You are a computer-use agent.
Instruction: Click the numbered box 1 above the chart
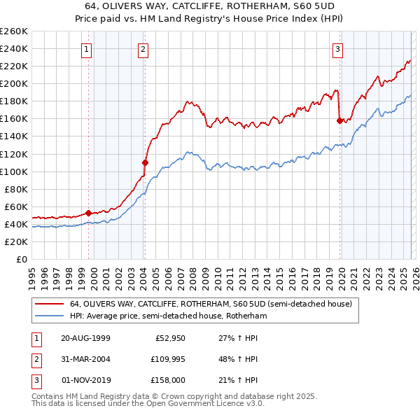point(86,49)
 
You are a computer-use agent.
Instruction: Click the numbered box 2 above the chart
point(142,49)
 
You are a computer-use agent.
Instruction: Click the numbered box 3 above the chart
point(337,49)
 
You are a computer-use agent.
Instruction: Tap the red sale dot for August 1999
point(89,213)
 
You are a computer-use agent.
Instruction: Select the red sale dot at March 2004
point(145,162)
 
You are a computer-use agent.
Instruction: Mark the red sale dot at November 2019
point(339,120)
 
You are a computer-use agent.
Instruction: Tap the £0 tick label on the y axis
point(21,259)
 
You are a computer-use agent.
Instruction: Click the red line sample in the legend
point(50,304)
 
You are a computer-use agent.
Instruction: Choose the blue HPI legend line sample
point(50,316)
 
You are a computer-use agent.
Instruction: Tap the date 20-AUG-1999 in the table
point(85,338)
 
